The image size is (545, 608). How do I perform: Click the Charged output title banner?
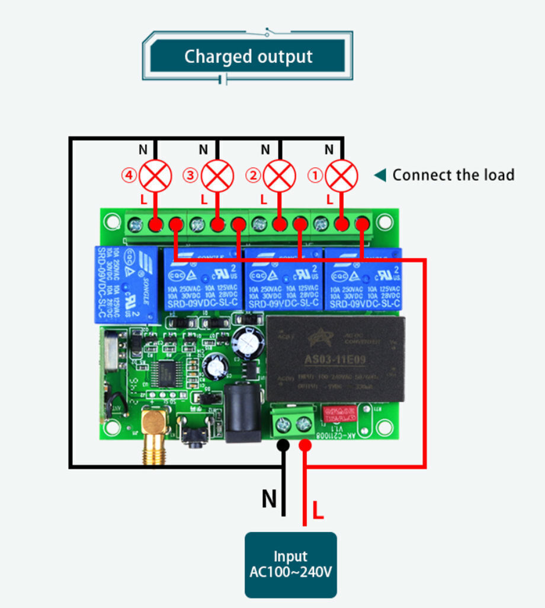(x=248, y=57)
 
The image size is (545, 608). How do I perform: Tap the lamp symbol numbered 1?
(x=342, y=175)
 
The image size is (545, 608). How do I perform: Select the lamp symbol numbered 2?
(x=279, y=175)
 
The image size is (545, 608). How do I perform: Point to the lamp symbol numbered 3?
(x=217, y=175)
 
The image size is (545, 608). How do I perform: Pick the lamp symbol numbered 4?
(x=155, y=175)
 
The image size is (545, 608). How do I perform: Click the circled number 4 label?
(x=129, y=176)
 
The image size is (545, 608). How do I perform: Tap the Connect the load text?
(x=453, y=175)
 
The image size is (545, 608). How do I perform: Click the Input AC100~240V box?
(x=290, y=565)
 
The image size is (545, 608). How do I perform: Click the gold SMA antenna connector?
(x=153, y=430)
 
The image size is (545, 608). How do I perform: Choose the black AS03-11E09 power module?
(x=336, y=358)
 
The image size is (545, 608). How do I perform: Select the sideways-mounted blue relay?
(x=126, y=285)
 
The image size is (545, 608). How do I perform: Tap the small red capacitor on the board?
(x=339, y=413)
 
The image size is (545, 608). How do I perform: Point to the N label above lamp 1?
(x=329, y=149)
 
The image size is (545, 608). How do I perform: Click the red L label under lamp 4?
(x=143, y=200)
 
